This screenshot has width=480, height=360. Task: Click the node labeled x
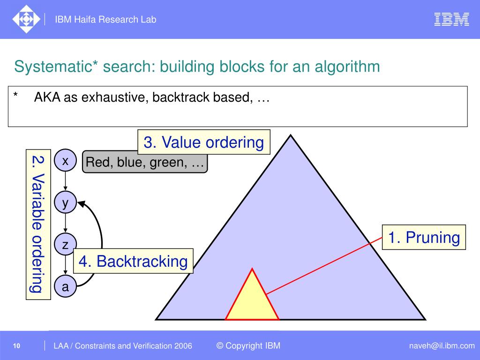tap(66, 161)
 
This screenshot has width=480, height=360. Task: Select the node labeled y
tap(66, 202)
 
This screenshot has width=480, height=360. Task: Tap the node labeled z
tap(65, 244)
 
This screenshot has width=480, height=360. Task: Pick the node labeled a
tap(66, 286)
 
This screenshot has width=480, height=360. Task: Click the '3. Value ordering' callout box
tap(204, 142)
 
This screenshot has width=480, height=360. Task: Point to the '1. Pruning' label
tap(424, 237)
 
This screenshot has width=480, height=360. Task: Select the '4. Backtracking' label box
tap(133, 261)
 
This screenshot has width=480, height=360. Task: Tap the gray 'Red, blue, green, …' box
tap(145, 163)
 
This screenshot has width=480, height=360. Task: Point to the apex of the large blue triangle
tap(291, 136)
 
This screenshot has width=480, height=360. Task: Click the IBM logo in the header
tap(451, 19)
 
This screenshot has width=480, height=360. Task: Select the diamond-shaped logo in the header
tap(26, 19)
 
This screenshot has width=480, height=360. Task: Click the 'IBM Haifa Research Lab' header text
tap(105, 19)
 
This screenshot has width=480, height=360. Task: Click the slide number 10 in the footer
tap(16, 346)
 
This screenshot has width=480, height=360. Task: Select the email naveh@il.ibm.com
tap(441, 346)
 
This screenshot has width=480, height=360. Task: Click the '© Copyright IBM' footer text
tap(248, 346)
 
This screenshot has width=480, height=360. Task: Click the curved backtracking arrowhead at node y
tap(81, 203)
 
